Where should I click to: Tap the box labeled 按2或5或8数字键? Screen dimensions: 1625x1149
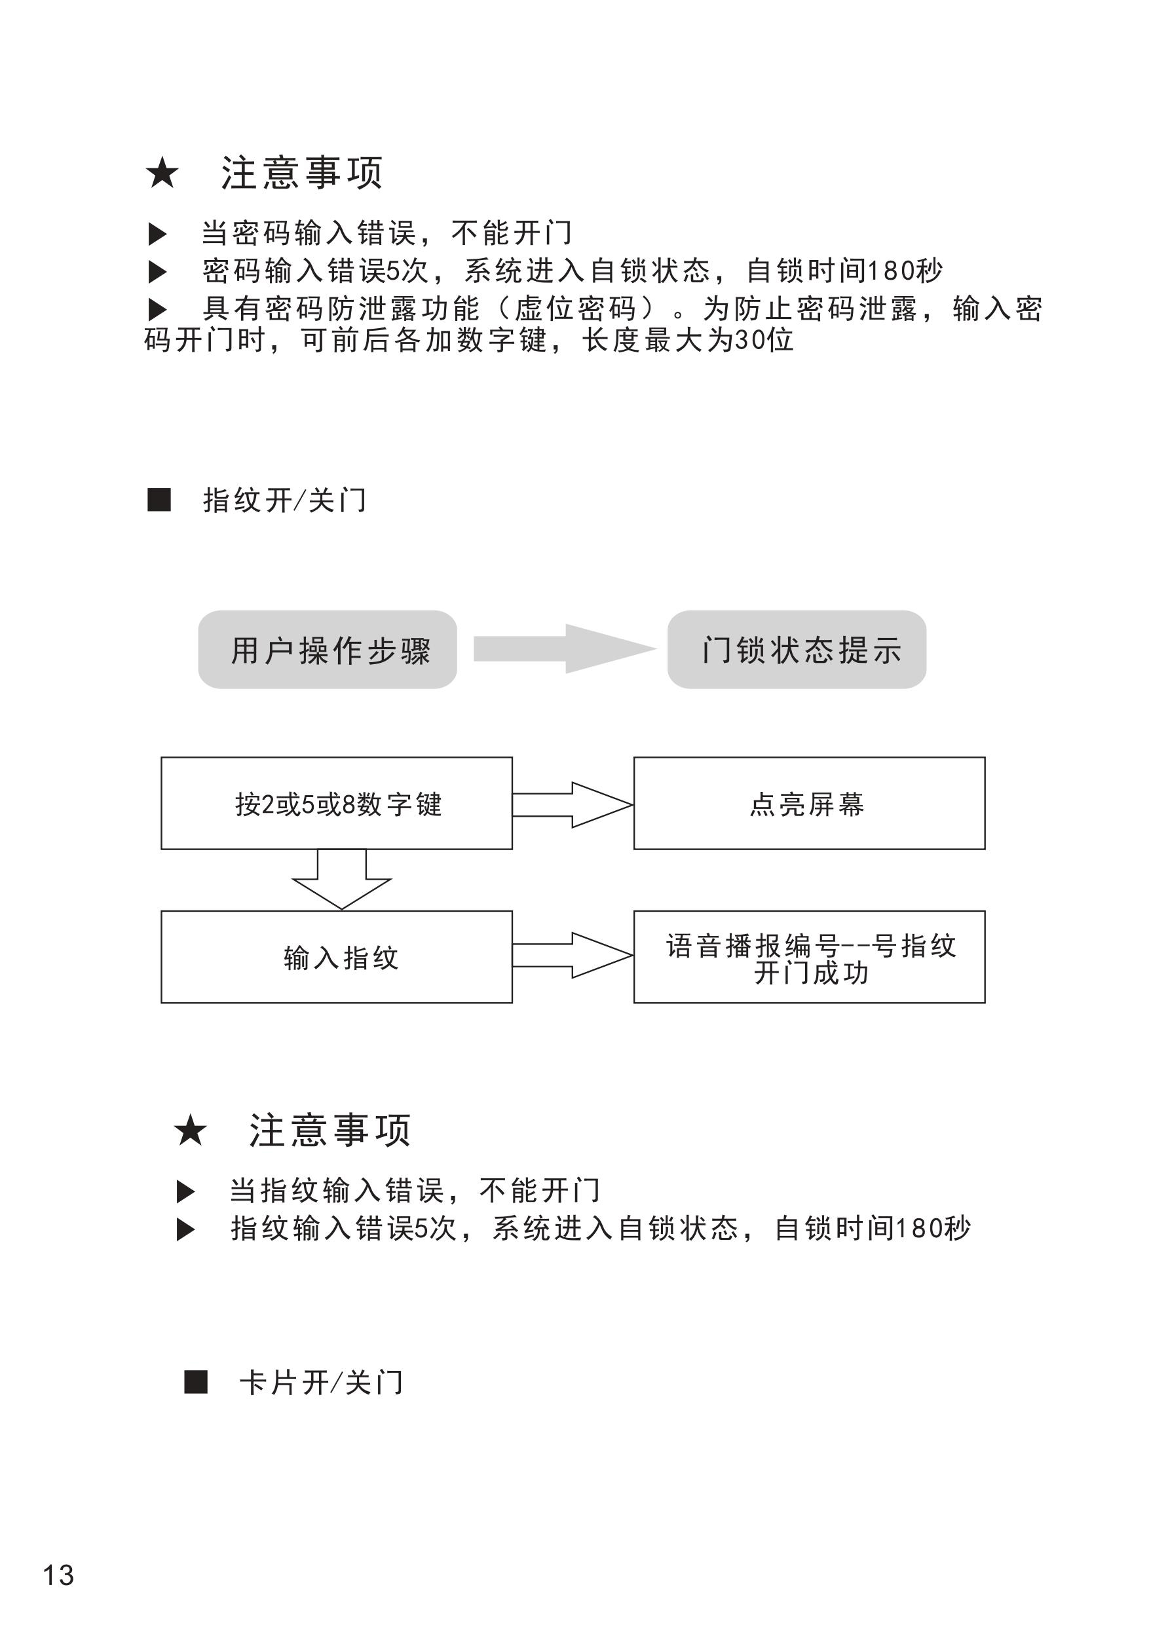[x=336, y=803]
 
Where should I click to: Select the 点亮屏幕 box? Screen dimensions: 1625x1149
[x=808, y=803]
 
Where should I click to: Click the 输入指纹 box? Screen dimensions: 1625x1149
[x=336, y=957]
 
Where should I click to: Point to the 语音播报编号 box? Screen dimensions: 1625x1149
[x=808, y=957]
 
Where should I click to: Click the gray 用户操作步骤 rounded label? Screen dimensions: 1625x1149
[x=327, y=650]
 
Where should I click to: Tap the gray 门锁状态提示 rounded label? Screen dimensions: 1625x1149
[x=797, y=650]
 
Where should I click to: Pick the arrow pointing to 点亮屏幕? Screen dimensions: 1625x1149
[x=572, y=805]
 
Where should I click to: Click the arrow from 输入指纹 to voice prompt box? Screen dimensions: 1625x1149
[x=572, y=956]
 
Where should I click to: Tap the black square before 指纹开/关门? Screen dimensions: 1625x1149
[x=159, y=500]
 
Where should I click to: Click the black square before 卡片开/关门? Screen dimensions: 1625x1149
[x=195, y=1381]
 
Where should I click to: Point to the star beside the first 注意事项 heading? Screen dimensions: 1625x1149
[x=162, y=174]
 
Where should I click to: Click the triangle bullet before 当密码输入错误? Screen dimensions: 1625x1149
[x=157, y=234]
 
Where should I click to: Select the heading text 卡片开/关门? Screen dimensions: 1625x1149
[x=322, y=1382]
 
